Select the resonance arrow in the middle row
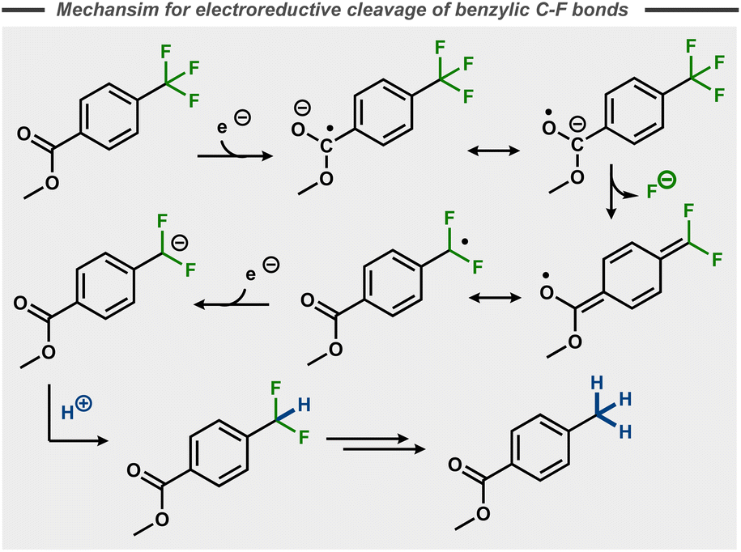[x=496, y=298]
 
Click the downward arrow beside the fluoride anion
[x=613, y=191]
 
